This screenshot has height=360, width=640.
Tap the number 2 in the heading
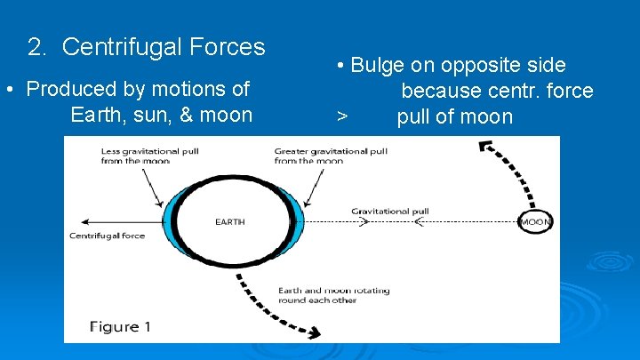click(x=35, y=46)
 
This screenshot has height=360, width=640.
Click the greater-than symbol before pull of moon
click(x=341, y=117)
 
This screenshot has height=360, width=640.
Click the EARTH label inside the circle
click(x=230, y=221)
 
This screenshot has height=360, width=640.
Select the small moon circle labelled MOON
click(x=536, y=221)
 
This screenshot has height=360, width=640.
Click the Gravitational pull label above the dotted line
click(x=389, y=212)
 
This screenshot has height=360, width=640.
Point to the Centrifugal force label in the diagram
click(x=107, y=236)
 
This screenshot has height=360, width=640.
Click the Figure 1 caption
click(x=121, y=326)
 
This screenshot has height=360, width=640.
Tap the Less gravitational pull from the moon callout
click(x=149, y=156)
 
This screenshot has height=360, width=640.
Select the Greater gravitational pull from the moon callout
click(x=331, y=156)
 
